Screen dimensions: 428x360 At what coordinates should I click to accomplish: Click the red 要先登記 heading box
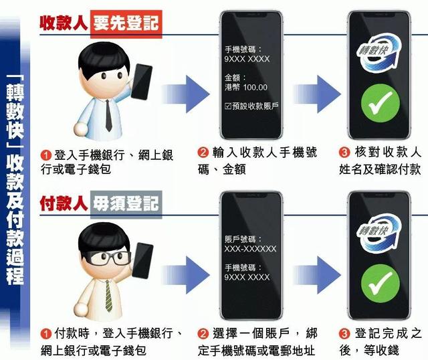point(126,24)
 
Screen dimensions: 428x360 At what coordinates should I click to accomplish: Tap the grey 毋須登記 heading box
point(126,204)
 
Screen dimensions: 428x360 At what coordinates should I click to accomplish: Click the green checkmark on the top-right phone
point(381,104)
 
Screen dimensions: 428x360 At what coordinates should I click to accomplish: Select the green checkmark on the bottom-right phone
point(381,284)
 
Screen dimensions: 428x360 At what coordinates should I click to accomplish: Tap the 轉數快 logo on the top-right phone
point(379,52)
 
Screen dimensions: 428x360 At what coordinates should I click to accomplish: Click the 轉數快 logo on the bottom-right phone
point(379,233)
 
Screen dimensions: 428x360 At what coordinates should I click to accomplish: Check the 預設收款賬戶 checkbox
point(227,106)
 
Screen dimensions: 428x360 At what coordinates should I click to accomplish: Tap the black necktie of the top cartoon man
point(108,116)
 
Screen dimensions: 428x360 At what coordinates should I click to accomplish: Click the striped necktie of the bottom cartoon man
point(108,296)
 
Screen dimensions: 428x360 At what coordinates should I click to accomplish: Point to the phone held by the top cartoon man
point(142,82)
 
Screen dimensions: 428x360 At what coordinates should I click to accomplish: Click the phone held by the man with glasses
point(142,261)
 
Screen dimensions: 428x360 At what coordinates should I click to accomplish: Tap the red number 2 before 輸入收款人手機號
point(203,152)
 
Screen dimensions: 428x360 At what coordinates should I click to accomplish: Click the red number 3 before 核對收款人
point(344,152)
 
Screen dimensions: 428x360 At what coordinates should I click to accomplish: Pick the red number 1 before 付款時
point(46,334)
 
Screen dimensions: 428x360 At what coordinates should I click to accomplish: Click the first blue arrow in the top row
point(186,94)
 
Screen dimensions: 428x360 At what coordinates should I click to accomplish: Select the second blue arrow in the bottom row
point(316,275)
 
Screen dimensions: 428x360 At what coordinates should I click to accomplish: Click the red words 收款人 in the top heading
point(64,23)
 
